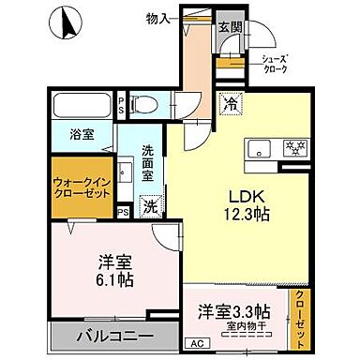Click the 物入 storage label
(159, 18)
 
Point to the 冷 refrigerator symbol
(229, 105)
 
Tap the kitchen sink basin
(258, 148)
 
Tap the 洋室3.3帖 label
(234, 310)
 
